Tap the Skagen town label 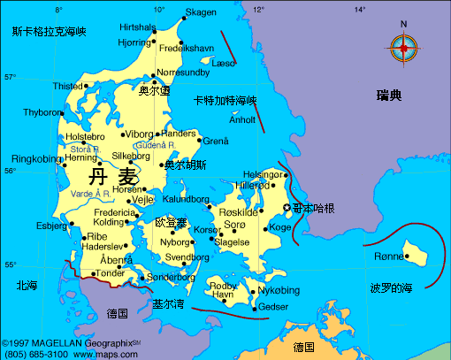(200, 12)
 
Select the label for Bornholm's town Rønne (389, 256)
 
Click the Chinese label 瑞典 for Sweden (388, 95)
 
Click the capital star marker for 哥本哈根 (286, 207)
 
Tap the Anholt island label (242, 119)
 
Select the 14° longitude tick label (360, 10)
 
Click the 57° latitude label (11, 77)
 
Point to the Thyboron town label (42, 112)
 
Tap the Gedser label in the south (272, 307)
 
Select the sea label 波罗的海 (391, 288)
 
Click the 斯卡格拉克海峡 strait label (49, 32)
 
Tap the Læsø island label (225, 64)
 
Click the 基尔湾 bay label (168, 303)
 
